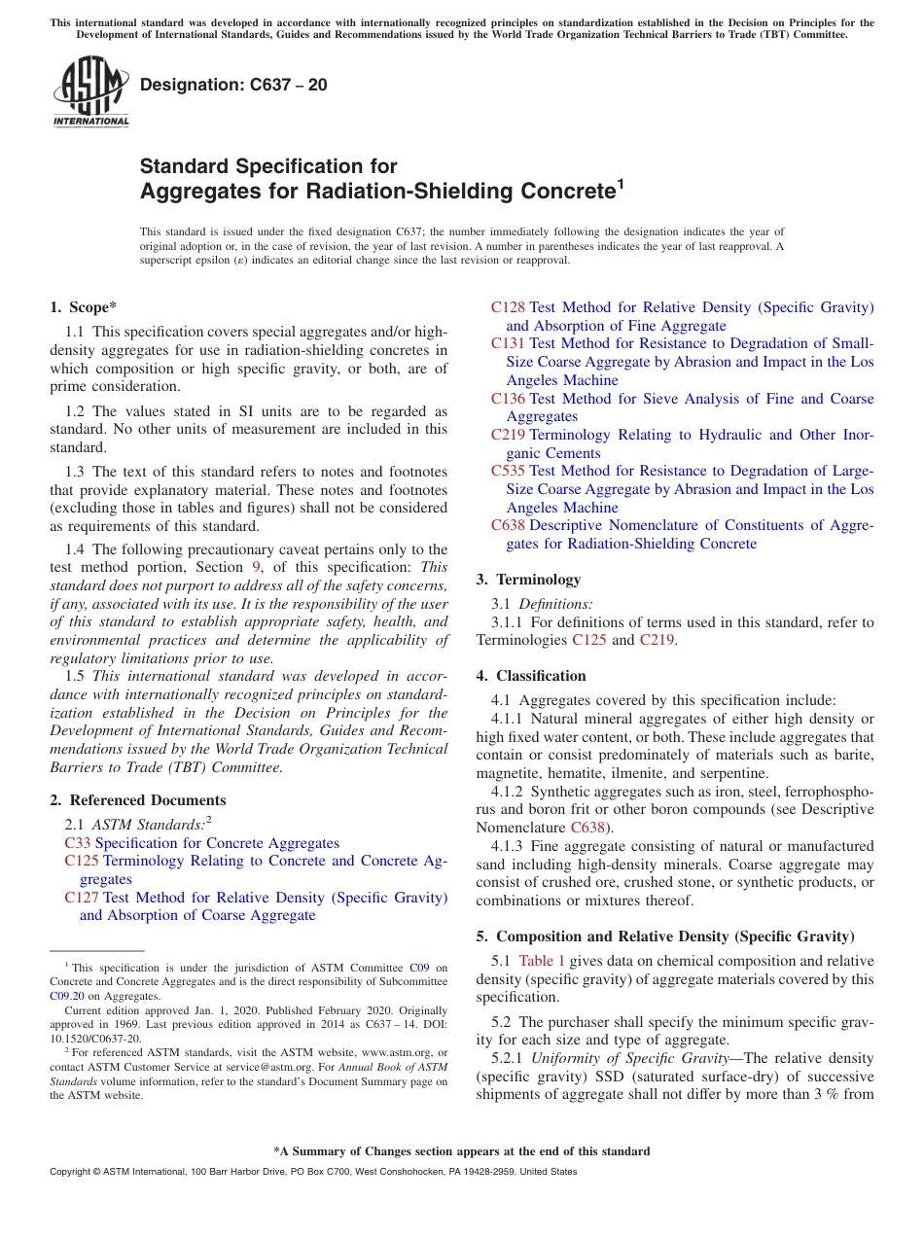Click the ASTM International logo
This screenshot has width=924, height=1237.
pos(90,91)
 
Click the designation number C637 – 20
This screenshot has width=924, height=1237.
pos(233,86)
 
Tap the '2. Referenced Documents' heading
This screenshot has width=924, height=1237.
pos(138,800)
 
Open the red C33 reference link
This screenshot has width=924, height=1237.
pos(78,843)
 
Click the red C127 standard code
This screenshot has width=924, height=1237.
pos(82,898)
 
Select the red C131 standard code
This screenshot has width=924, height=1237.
pos(508,343)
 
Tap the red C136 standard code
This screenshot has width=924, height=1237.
pos(508,399)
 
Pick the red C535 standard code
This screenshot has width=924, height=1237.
pos(508,472)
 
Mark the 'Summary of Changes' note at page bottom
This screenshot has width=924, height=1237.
pos(461,1151)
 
